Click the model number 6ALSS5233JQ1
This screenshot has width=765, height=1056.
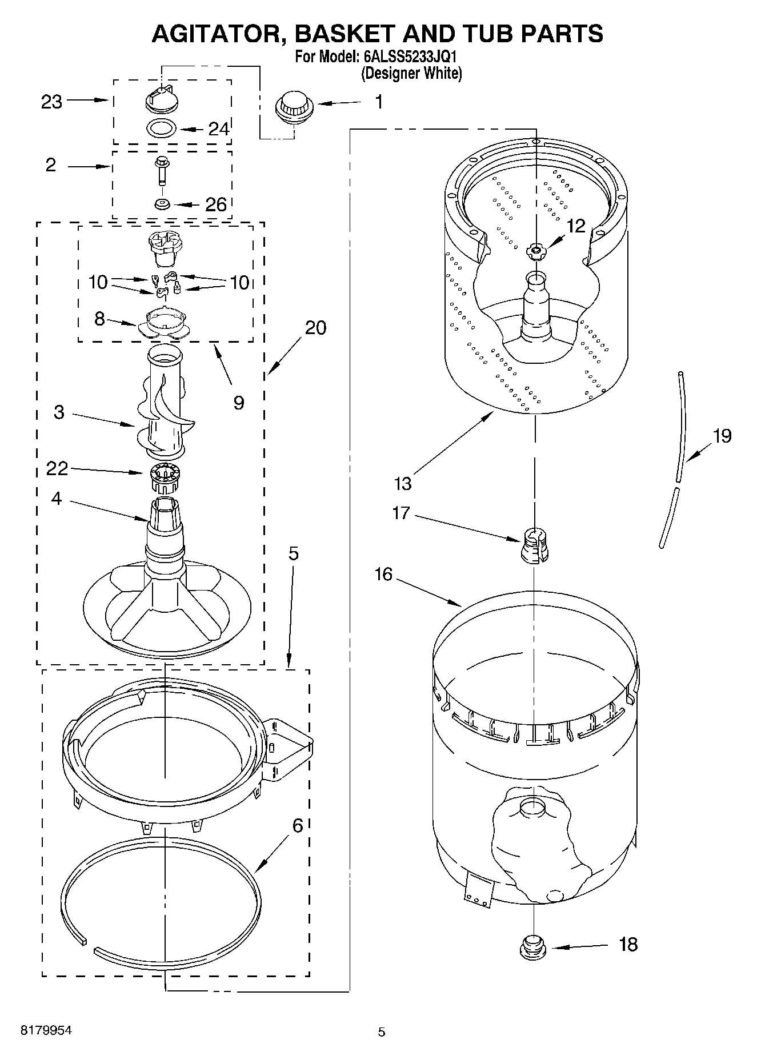(410, 58)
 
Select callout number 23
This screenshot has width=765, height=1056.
(52, 102)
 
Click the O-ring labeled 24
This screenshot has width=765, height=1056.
(162, 129)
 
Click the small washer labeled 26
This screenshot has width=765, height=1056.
(162, 203)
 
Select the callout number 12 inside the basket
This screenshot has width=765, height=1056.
(576, 226)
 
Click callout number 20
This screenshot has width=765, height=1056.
(315, 328)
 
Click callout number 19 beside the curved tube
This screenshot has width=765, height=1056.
(722, 436)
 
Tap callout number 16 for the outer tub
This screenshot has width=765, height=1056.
(383, 574)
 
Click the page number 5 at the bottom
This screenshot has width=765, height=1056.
(382, 1031)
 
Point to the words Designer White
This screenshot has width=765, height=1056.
(411, 74)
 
